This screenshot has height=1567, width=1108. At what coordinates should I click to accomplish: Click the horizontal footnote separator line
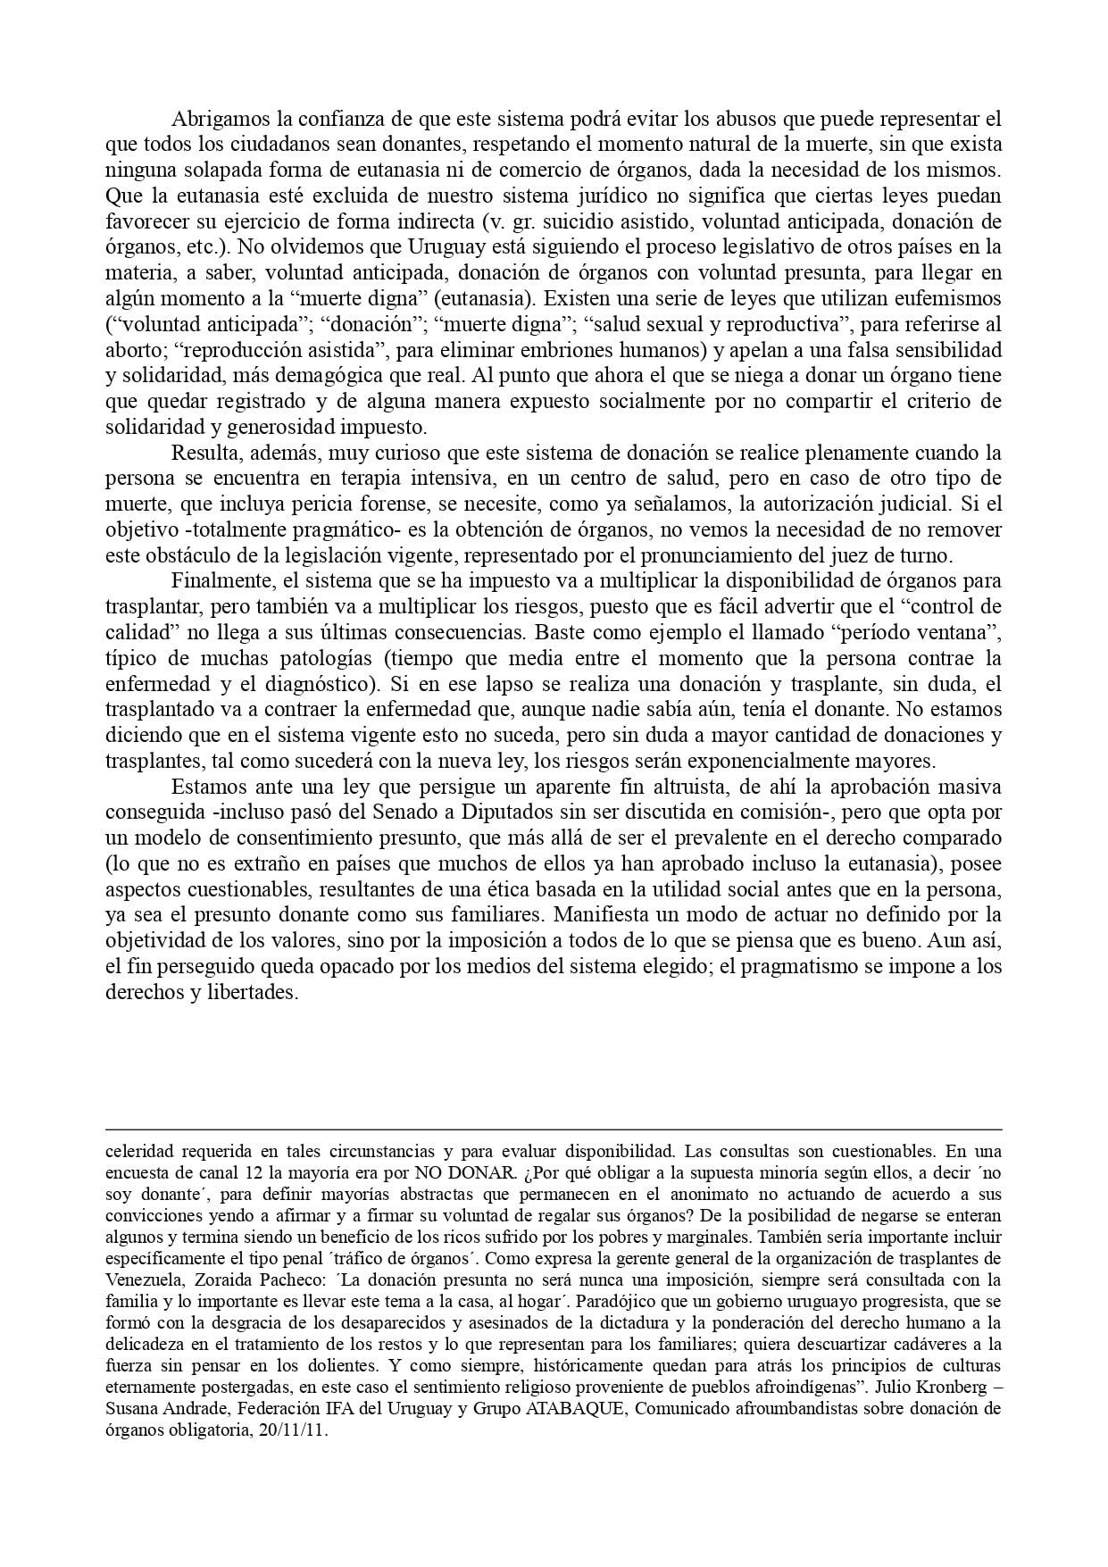point(554,1129)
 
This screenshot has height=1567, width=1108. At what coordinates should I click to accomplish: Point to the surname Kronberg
point(945,1387)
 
